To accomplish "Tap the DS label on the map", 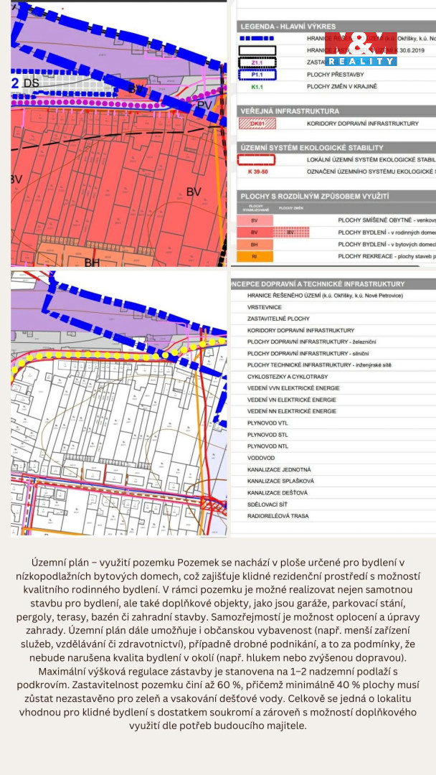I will (31, 83).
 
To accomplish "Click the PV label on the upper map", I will (205, 105).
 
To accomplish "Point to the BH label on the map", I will (92, 263).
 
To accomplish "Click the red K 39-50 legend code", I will (257, 172).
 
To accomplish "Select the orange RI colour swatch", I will (254, 256).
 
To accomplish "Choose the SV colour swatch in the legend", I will (254, 220).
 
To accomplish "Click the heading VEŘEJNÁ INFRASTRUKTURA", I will (290, 111).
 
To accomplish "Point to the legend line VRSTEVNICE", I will (264, 307).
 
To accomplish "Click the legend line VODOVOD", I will (261, 458).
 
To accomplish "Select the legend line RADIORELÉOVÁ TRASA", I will (278, 516).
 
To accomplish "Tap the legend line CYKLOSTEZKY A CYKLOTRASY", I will (287, 377).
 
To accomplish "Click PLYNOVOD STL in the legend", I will (267, 435).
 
